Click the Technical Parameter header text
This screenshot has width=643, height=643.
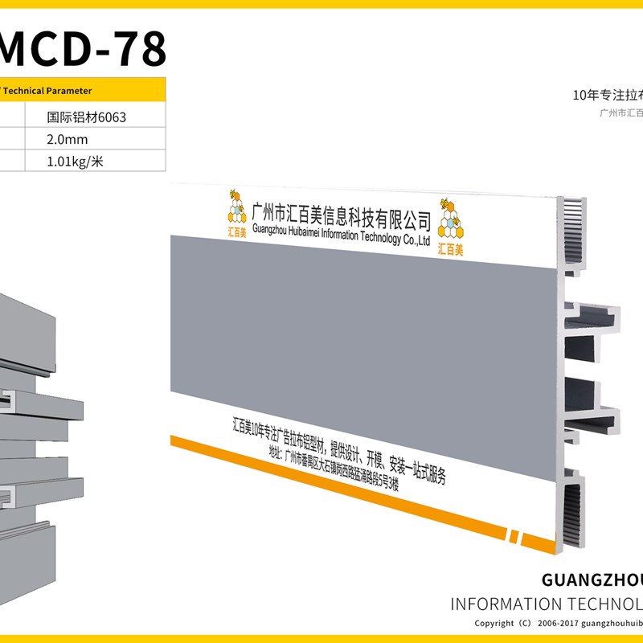[x=48, y=91]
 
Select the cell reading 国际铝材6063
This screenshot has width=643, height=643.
[x=87, y=117]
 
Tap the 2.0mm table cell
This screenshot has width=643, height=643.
[x=68, y=139]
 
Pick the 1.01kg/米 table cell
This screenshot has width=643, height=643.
[x=76, y=162]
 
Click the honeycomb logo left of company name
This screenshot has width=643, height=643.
[x=236, y=213]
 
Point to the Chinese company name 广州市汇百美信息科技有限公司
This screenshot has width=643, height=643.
[x=342, y=215]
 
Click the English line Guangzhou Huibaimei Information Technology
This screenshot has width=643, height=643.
[x=342, y=233]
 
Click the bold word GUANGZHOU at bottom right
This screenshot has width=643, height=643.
[x=592, y=580]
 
